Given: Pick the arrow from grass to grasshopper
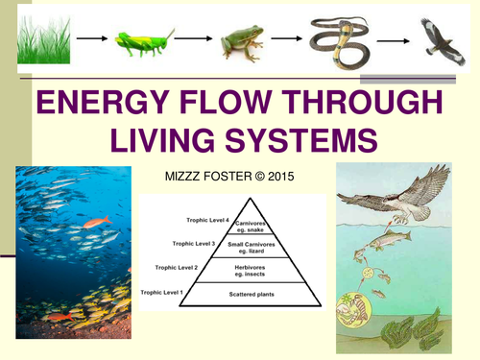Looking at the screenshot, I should click(x=91, y=40).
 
